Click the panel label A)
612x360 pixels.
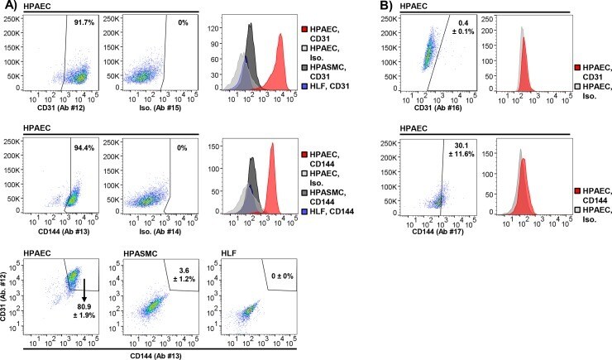tap(8, 6)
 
